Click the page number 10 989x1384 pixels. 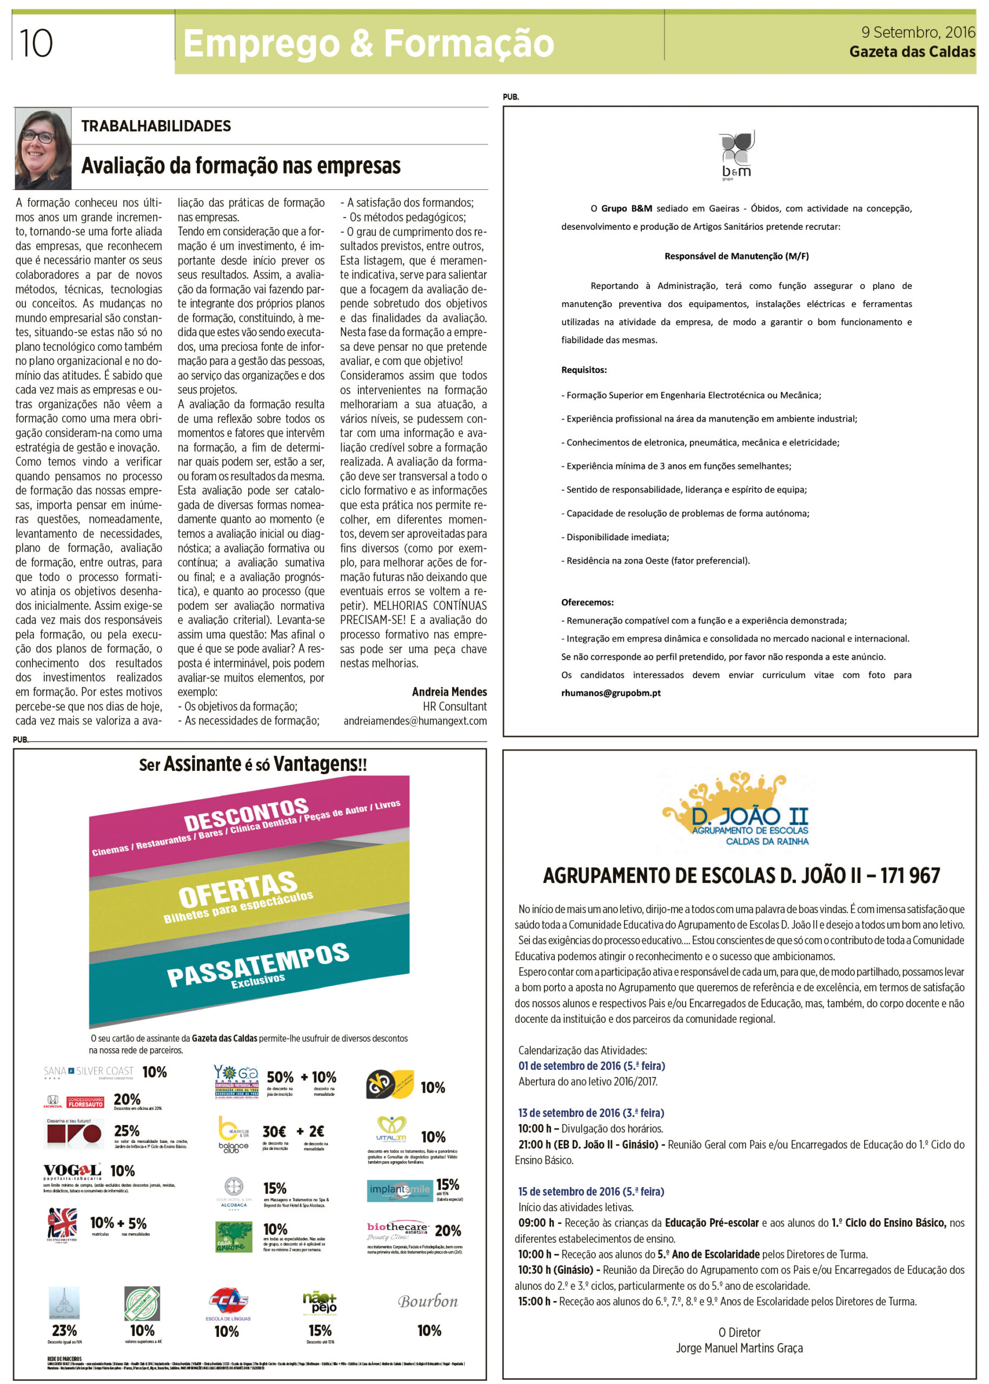(36, 43)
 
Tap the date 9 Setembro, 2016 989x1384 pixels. (918, 32)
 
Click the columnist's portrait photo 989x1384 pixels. (43, 149)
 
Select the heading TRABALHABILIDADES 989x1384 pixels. (156, 126)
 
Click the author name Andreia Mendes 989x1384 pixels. (449, 691)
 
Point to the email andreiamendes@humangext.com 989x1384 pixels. (415, 721)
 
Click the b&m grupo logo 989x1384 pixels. (737, 155)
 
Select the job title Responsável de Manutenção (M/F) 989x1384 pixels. (736, 256)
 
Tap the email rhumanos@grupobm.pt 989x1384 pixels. (611, 693)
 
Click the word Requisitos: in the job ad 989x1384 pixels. (583, 370)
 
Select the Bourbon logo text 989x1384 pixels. (428, 1301)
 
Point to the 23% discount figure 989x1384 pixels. (64, 1330)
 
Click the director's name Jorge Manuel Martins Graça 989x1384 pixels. (739, 1348)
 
